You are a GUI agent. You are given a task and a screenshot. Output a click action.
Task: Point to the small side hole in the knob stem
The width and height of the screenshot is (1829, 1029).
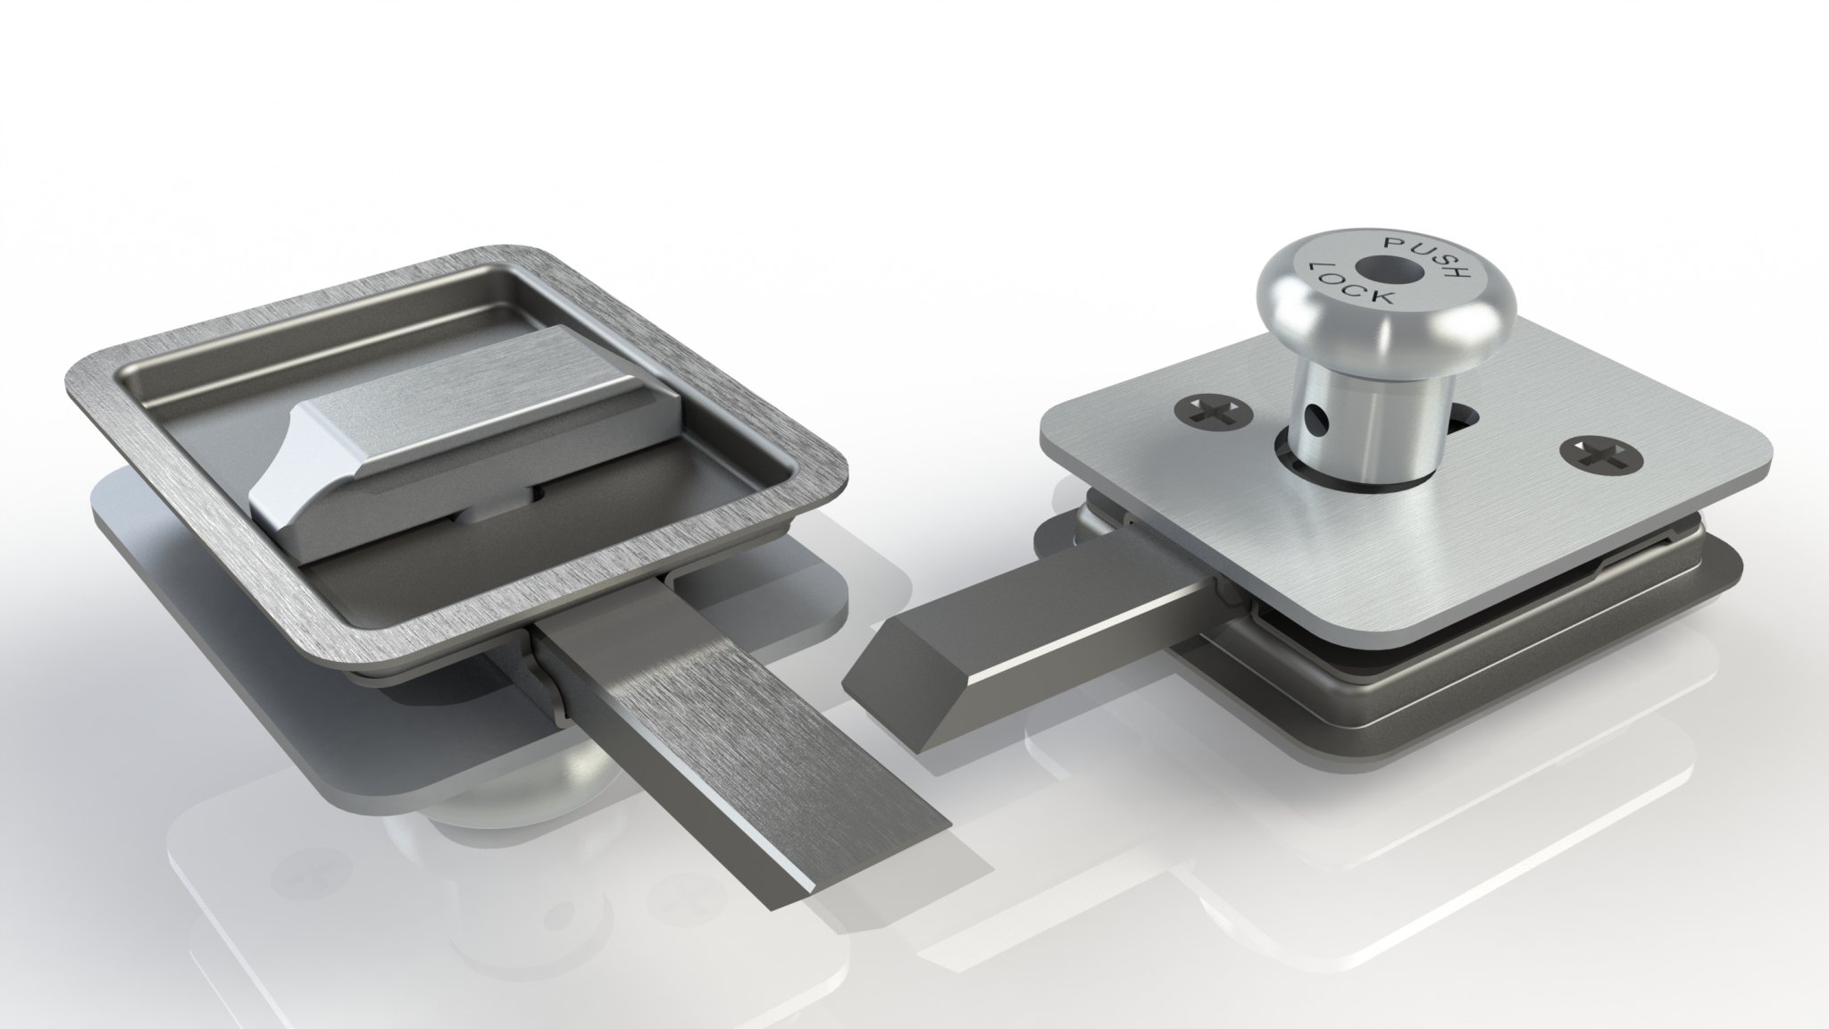point(1310,415)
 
